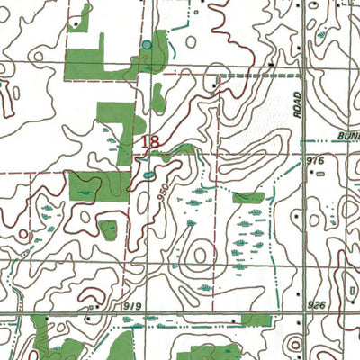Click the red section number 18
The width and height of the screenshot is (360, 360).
pyautogui.click(x=150, y=141)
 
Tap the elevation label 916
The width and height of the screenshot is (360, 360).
pyautogui.click(x=313, y=159)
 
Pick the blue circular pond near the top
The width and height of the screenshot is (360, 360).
pyautogui.click(x=146, y=44)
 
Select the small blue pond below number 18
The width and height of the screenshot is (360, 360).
pyautogui.click(x=148, y=175)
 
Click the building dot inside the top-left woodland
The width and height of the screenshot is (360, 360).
pyautogui.click(x=81, y=19)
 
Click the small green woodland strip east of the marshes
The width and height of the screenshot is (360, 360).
pyautogui.click(x=247, y=197)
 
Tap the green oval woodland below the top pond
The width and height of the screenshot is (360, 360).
pyautogui.click(x=158, y=96)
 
